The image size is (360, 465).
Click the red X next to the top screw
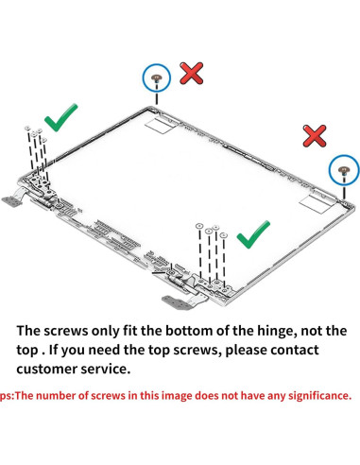(191, 73)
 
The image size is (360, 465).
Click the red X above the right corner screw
(315, 135)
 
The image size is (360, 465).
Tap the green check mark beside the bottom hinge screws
(252, 235)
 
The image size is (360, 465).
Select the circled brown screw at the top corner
(157, 77)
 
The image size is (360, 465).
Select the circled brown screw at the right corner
(343, 170)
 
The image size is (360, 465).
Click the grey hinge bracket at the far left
(12, 201)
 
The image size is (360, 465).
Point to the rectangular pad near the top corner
(160, 124)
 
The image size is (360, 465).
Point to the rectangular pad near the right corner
(316, 202)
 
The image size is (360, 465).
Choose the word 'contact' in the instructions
(295, 350)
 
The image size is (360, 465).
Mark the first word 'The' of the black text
(28, 331)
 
